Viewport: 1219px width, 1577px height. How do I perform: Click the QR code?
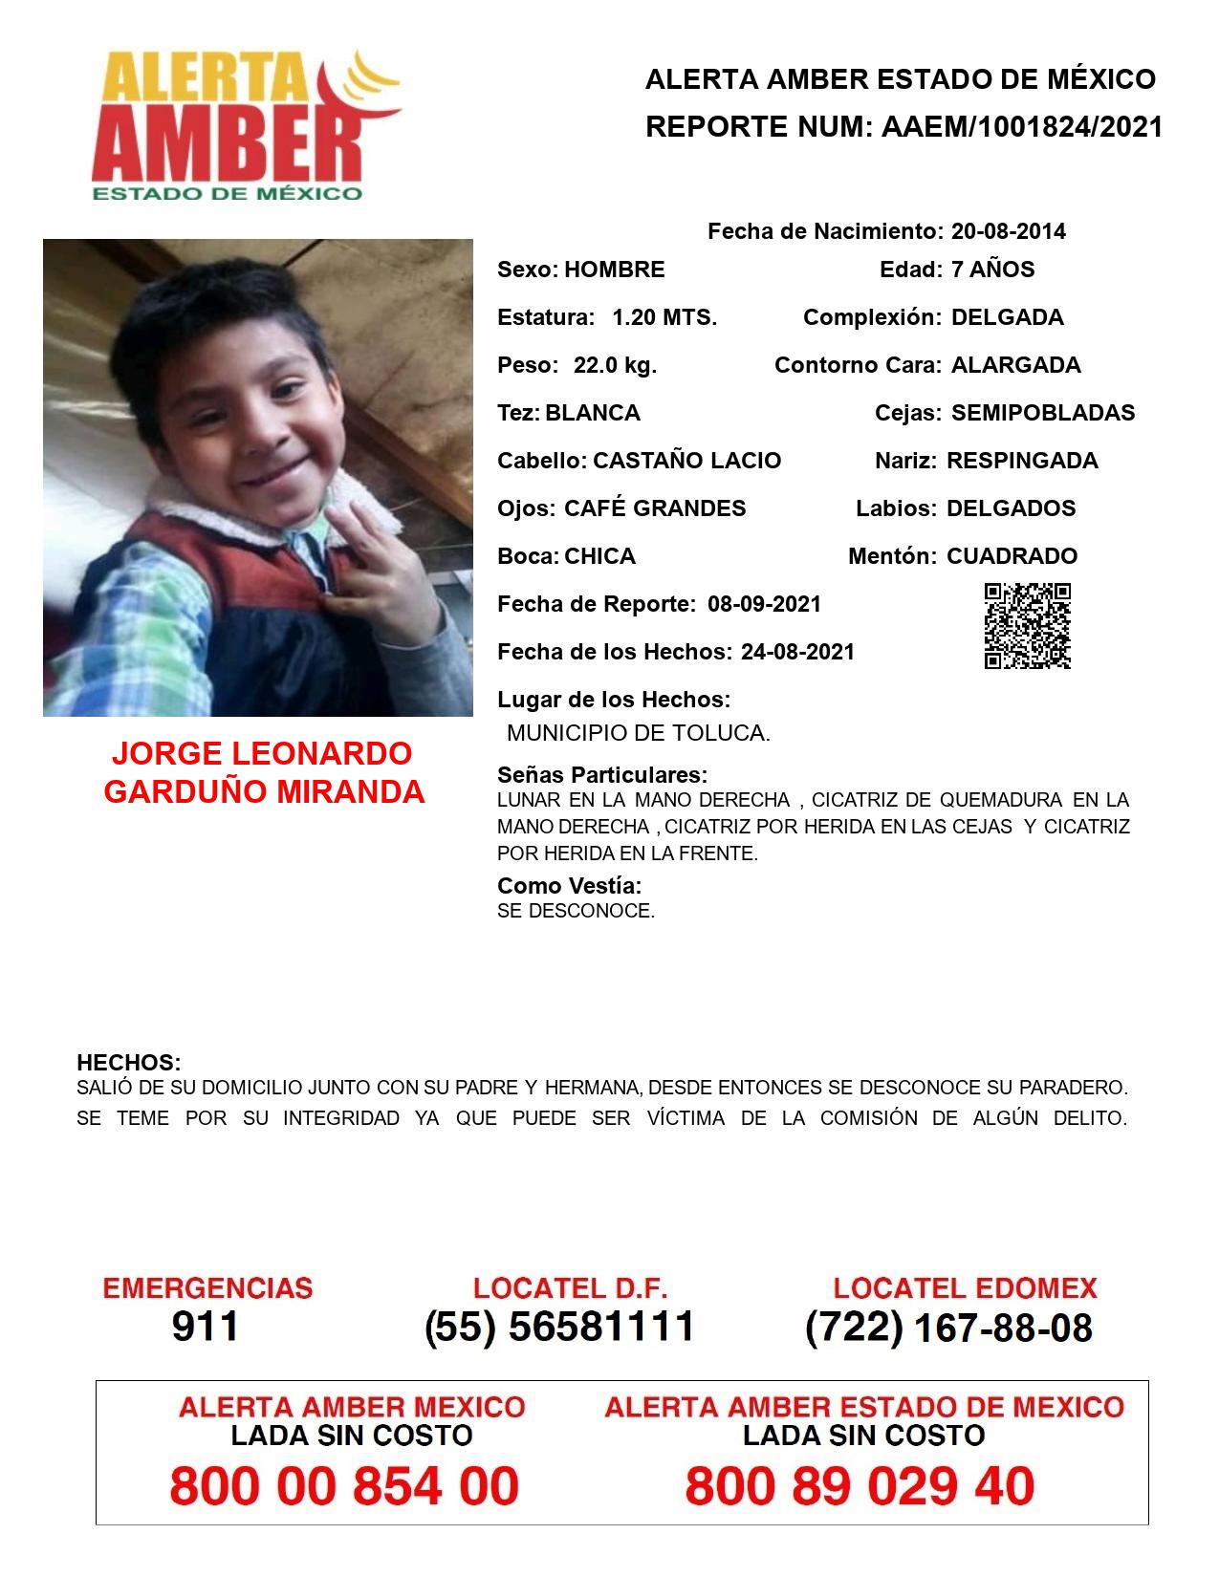tap(1027, 626)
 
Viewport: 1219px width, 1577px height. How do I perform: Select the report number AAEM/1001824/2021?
tap(1021, 127)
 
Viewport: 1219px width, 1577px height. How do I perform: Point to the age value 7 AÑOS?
tap(992, 270)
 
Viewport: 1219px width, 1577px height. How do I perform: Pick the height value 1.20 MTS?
tap(664, 317)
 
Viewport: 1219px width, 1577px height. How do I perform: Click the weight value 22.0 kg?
tap(615, 365)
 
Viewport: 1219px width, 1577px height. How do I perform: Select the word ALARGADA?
tap(1015, 365)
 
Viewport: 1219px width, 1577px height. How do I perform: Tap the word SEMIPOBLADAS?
tap(1043, 413)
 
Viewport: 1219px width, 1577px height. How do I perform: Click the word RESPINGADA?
tap(1022, 461)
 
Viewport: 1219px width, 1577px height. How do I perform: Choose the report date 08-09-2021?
tap(764, 604)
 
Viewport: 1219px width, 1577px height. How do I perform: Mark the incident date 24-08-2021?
tap(797, 652)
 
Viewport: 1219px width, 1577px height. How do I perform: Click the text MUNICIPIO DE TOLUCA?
tap(638, 734)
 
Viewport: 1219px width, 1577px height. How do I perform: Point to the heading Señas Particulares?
tap(602, 775)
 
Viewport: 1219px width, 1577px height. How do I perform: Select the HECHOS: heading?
tap(128, 1063)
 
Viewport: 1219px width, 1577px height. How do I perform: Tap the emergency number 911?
tap(205, 1327)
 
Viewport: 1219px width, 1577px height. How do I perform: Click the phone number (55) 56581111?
tap(559, 1327)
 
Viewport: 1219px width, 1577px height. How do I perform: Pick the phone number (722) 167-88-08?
tap(948, 1328)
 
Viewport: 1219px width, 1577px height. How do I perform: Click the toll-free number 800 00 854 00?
tap(344, 1486)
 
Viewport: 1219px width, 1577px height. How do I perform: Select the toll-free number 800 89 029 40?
tap(860, 1486)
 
